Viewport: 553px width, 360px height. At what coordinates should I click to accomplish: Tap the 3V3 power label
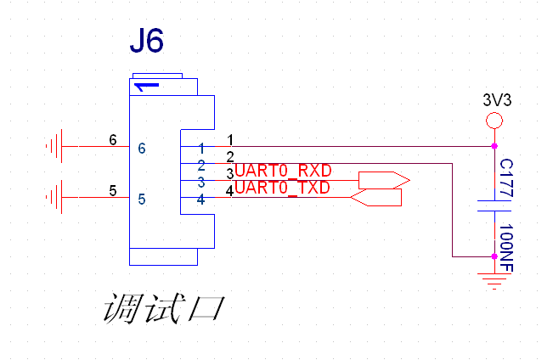click(x=497, y=100)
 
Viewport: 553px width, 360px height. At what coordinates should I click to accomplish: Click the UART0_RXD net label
click(x=283, y=171)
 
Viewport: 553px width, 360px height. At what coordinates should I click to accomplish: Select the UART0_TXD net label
click(x=282, y=188)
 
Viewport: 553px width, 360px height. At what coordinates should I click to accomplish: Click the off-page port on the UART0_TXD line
click(x=376, y=198)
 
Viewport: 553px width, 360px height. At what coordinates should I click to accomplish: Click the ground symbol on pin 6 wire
click(x=53, y=147)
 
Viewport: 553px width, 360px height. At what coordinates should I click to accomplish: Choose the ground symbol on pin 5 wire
click(x=53, y=198)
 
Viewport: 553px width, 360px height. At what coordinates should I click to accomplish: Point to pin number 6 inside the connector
click(x=142, y=148)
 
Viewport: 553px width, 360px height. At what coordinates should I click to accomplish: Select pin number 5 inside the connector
click(x=142, y=199)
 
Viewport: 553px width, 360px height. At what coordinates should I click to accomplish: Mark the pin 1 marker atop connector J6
click(x=146, y=86)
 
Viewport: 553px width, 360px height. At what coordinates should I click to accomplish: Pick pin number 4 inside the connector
click(x=201, y=200)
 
